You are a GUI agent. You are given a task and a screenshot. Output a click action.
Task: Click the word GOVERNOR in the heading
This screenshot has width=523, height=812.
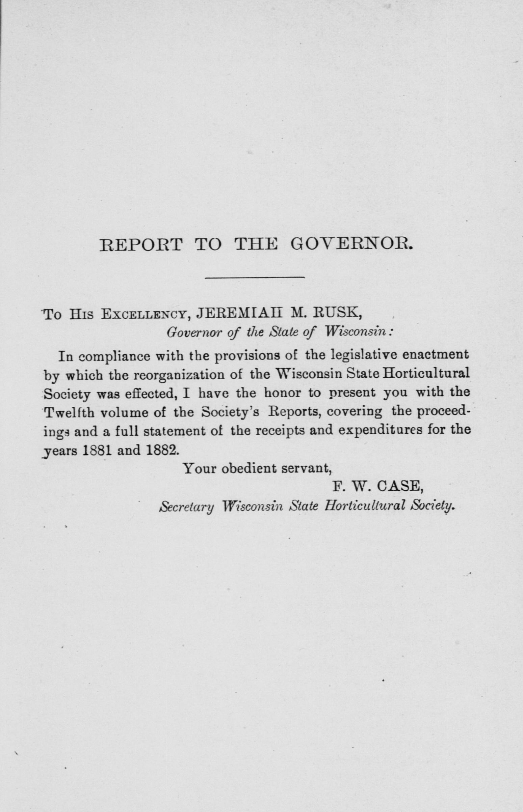[352, 244]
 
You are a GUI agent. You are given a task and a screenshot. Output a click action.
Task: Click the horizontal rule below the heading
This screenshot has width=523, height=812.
[255, 278]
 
